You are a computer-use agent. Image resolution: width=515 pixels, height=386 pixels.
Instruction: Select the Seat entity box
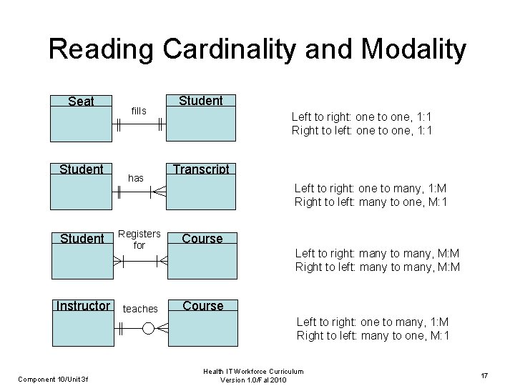(80, 118)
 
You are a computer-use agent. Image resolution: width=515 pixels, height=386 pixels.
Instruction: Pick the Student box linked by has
(81, 187)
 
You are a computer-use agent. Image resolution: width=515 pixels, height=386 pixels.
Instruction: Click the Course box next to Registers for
(202, 256)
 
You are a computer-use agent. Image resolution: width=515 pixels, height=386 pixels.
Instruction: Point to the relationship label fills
(139, 111)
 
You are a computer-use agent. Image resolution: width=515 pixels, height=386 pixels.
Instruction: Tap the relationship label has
(136, 177)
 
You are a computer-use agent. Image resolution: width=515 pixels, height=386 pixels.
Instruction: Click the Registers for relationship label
(139, 239)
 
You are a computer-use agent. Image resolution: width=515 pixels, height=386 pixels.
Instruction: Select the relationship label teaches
(140, 309)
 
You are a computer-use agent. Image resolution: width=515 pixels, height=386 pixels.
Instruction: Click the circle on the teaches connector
(147, 329)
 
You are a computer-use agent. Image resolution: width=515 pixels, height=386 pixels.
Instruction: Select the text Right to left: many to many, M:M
(377, 267)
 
